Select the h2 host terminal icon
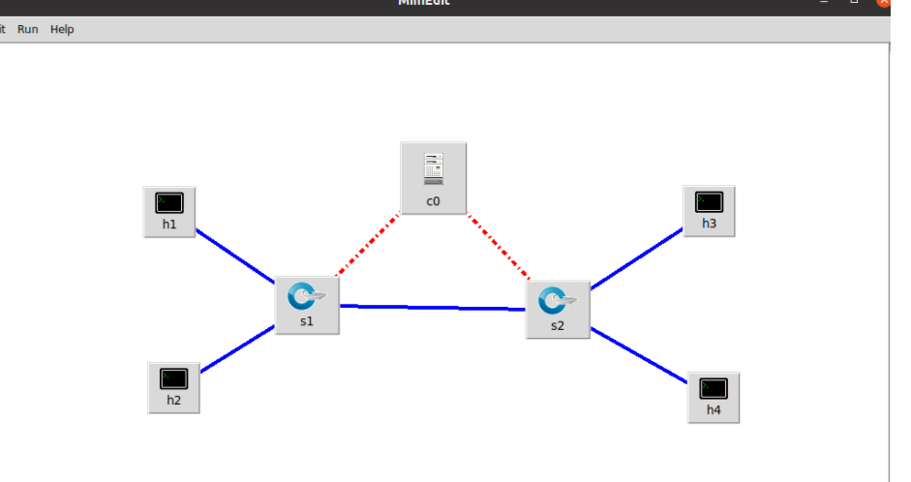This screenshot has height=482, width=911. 174,377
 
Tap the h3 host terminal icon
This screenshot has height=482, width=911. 710,202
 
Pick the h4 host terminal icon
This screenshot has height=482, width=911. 714,389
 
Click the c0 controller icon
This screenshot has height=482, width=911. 434,168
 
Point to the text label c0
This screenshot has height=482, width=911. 434,202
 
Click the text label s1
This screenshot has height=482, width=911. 307,321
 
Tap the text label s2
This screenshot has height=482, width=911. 558,326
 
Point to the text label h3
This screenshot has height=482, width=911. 710,224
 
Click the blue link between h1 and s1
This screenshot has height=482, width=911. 235,256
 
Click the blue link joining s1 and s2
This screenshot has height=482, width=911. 432,308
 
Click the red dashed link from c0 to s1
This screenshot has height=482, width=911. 369,245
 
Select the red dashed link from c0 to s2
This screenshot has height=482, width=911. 499,247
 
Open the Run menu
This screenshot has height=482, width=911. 28,29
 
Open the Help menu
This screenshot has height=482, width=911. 62,29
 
